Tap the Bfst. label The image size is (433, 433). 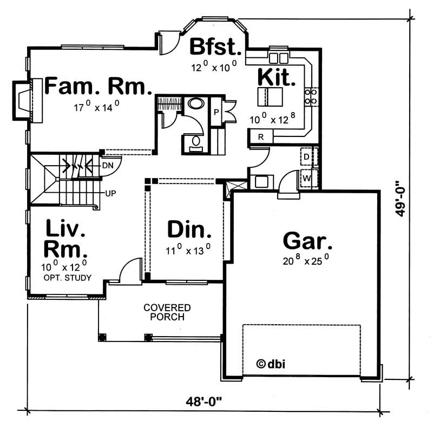[215, 47]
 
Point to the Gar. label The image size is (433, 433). [307, 240]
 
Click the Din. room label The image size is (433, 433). [188, 230]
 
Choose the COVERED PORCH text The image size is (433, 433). [167, 312]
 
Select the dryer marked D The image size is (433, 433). [306, 156]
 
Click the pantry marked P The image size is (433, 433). [215, 113]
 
